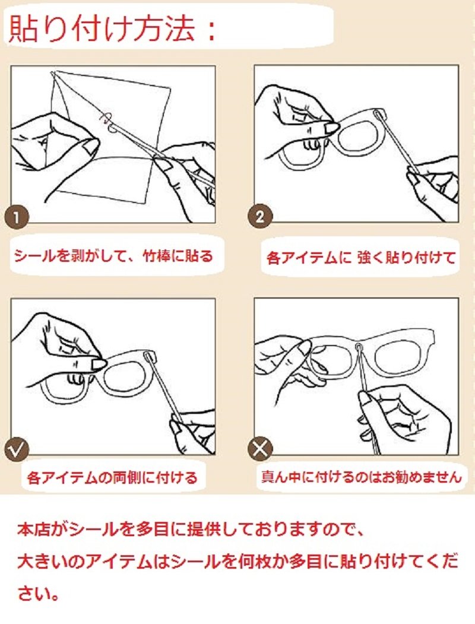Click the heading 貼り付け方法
coord(102,28)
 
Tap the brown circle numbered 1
coord(16,217)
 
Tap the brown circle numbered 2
coord(260,217)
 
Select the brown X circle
coord(260,449)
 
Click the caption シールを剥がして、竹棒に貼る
coord(113,256)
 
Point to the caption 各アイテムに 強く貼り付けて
coord(360,257)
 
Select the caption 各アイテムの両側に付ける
coord(112,477)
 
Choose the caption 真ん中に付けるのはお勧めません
coord(361,476)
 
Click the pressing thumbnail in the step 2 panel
coord(331,128)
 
